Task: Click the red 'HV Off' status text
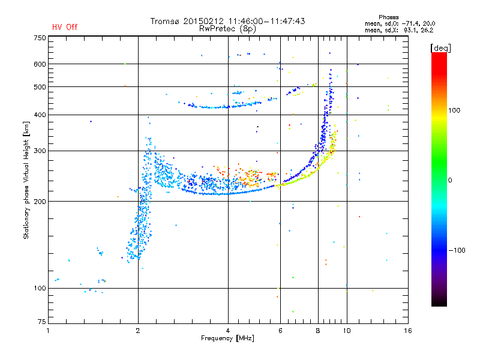[x=65, y=27]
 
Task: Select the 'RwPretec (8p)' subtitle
[x=227, y=29]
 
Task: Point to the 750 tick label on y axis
[x=40, y=38]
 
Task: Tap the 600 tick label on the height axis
[x=40, y=64]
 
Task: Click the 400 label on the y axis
[x=40, y=115]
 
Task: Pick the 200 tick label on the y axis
[x=40, y=202]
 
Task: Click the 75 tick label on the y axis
[x=42, y=322]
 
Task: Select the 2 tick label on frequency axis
[x=138, y=331]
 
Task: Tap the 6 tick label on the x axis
[x=280, y=331]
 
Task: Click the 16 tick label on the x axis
[x=408, y=331]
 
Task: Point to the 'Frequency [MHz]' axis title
[x=227, y=338]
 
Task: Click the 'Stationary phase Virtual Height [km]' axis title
[x=26, y=180]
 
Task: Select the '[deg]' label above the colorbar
[x=440, y=48]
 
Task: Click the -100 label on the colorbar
[x=457, y=250]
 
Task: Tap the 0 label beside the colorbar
[x=450, y=181]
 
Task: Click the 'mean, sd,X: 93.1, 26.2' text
[x=399, y=31]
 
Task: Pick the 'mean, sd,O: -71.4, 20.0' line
[x=400, y=24]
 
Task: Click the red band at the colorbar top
[x=439, y=61]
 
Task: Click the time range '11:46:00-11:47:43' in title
[x=266, y=21]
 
